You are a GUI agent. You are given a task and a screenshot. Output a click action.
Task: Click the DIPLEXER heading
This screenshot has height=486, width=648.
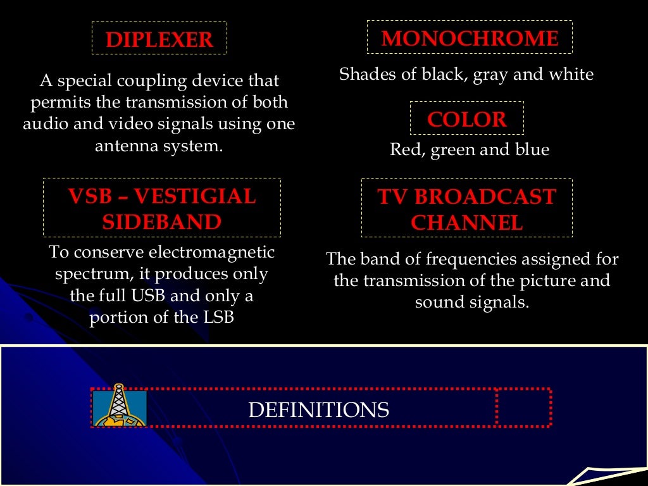[x=159, y=39]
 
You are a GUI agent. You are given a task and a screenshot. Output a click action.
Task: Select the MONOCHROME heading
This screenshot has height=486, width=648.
[x=470, y=39]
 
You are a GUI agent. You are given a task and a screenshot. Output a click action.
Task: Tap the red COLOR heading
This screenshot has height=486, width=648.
[x=467, y=119]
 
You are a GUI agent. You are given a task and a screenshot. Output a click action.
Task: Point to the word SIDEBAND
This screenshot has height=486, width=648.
[x=162, y=222]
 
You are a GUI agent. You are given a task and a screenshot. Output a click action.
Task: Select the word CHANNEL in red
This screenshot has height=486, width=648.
[x=466, y=223]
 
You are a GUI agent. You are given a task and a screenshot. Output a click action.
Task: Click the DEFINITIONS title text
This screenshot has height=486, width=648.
[x=318, y=410]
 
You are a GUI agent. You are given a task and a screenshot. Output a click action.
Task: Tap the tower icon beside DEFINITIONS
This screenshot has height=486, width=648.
[x=119, y=406]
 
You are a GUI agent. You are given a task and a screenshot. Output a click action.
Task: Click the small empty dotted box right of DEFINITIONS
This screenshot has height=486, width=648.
[x=523, y=408]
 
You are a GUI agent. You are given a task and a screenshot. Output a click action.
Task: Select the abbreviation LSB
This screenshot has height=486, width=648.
[x=218, y=317]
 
